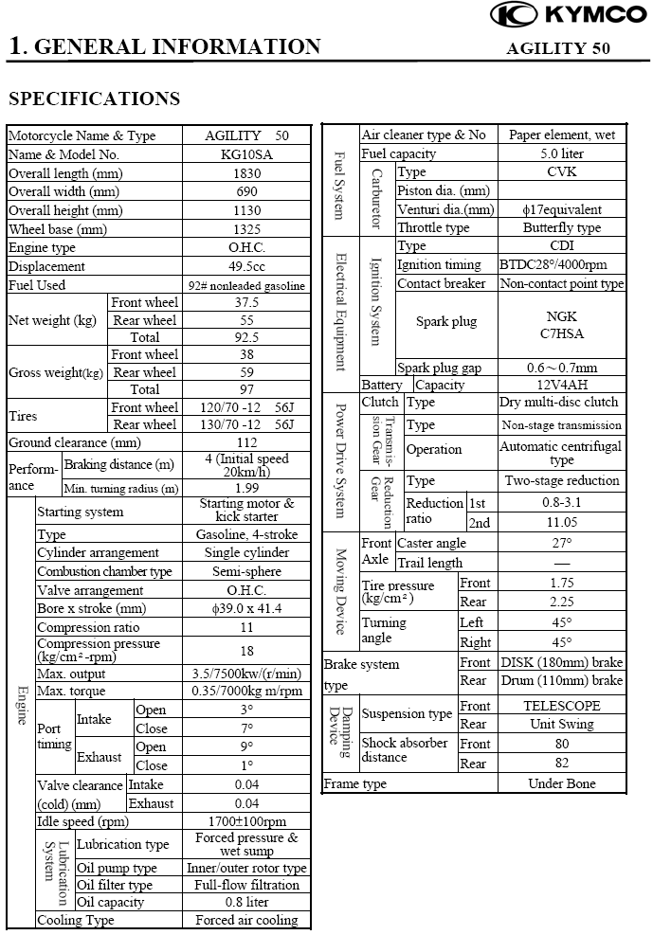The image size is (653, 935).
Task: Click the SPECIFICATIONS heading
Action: pos(94,99)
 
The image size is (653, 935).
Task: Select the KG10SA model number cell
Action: pos(247,154)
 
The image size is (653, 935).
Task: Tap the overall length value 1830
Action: pos(247,173)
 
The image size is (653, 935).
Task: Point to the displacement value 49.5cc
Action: pos(247,267)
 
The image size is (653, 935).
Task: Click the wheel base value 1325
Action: pos(247,229)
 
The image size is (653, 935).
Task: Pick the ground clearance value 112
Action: pos(247,442)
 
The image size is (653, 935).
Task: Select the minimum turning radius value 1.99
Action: pos(247,489)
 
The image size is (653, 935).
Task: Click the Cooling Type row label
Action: pos(76,920)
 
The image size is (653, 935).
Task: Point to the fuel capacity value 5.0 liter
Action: pos(562,153)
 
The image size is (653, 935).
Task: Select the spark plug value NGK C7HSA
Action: pos(562,324)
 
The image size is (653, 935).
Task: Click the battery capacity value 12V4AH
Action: pos(562,386)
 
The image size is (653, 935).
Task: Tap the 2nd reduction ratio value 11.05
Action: pos(562,522)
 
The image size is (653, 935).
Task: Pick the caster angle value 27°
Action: pos(562,543)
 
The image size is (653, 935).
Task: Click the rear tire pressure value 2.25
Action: pos(562,602)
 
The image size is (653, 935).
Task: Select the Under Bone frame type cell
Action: pos(562,783)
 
